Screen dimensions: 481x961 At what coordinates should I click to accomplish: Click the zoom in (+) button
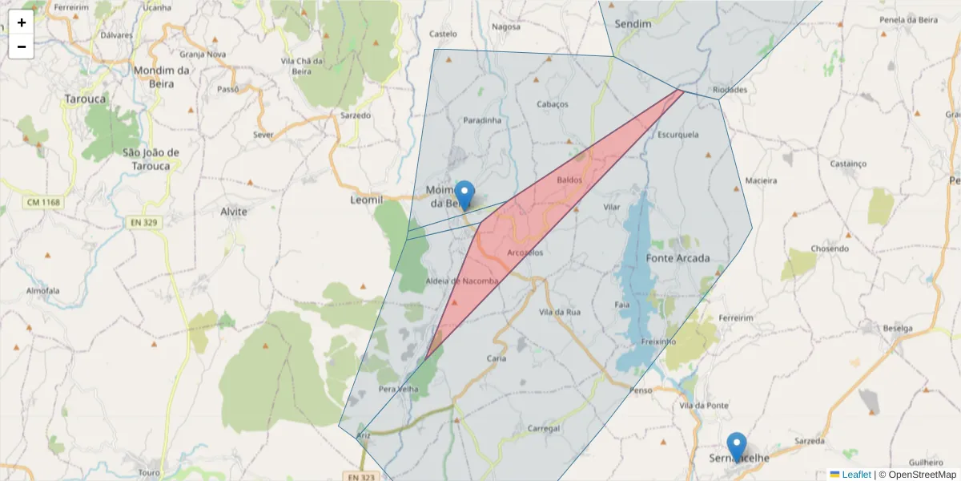coord(22,22)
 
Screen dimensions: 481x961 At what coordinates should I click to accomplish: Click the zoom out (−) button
coord(22,46)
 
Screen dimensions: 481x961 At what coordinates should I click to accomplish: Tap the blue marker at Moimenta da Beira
coord(464,196)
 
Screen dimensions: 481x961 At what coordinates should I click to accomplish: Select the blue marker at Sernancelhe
coord(736,447)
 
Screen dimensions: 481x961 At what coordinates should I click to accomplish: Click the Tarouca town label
coord(85,99)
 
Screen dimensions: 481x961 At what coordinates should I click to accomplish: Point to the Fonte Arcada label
coord(678,258)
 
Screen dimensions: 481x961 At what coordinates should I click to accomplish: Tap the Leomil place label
coord(367,198)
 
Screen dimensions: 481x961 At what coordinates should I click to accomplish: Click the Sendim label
coord(633,24)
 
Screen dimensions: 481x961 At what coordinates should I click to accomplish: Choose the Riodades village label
coord(729,90)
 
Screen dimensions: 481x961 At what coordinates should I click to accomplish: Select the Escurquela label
coord(678,135)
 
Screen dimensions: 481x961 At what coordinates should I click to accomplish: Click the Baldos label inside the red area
coord(569,180)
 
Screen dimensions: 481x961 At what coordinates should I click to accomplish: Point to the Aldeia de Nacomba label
coord(462,281)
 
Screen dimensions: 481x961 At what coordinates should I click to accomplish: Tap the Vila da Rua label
coord(560,311)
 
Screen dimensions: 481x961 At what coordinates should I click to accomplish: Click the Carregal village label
coord(545,428)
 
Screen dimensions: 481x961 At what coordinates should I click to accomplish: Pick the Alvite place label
coord(234,212)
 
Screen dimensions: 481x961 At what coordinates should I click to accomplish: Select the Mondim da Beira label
coord(161,75)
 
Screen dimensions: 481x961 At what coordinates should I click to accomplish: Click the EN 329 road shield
coord(143,222)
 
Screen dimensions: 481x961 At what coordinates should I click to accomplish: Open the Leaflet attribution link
coord(856,475)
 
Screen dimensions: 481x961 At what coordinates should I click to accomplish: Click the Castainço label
coord(848,164)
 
